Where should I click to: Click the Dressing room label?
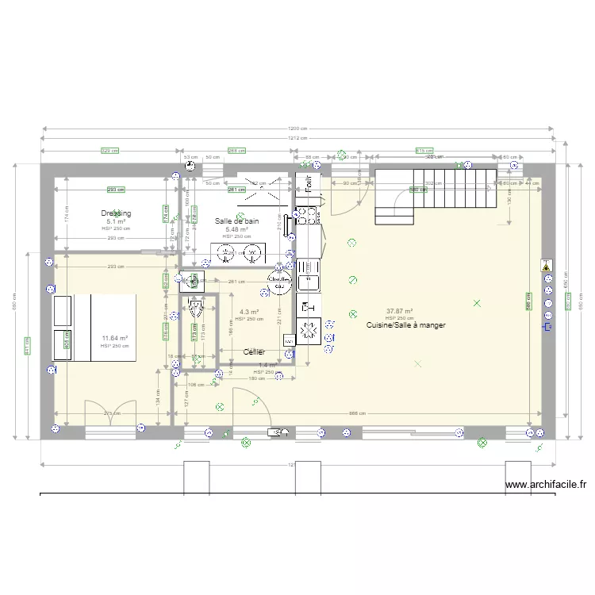tap(116, 213)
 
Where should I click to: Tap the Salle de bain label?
tap(236, 221)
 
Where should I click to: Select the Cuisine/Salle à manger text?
tap(405, 325)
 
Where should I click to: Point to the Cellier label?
tap(254, 351)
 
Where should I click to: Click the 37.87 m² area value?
tap(399, 312)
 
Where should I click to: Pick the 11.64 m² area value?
tap(115, 339)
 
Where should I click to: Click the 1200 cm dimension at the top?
tap(297, 129)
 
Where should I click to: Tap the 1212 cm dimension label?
tap(297, 138)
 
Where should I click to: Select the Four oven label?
tap(309, 185)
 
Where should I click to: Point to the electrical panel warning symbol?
tap(546, 267)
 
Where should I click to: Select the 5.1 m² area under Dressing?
tap(116, 221)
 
